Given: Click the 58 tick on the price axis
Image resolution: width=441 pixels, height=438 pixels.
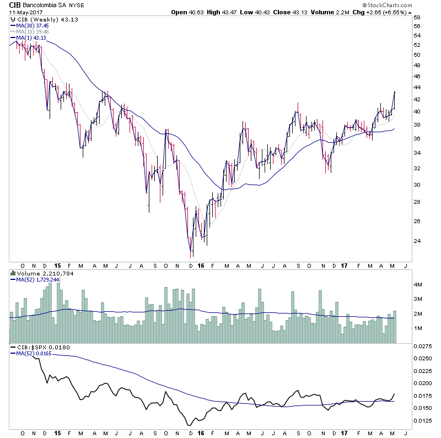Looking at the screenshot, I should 418,18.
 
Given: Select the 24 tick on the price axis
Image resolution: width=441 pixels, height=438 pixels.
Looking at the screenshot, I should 418,240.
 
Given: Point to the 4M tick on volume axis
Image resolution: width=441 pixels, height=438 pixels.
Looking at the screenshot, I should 418,285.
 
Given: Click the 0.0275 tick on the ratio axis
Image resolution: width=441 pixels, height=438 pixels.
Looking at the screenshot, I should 422,347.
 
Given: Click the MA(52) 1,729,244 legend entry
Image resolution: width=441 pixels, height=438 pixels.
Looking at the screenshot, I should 37,279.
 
